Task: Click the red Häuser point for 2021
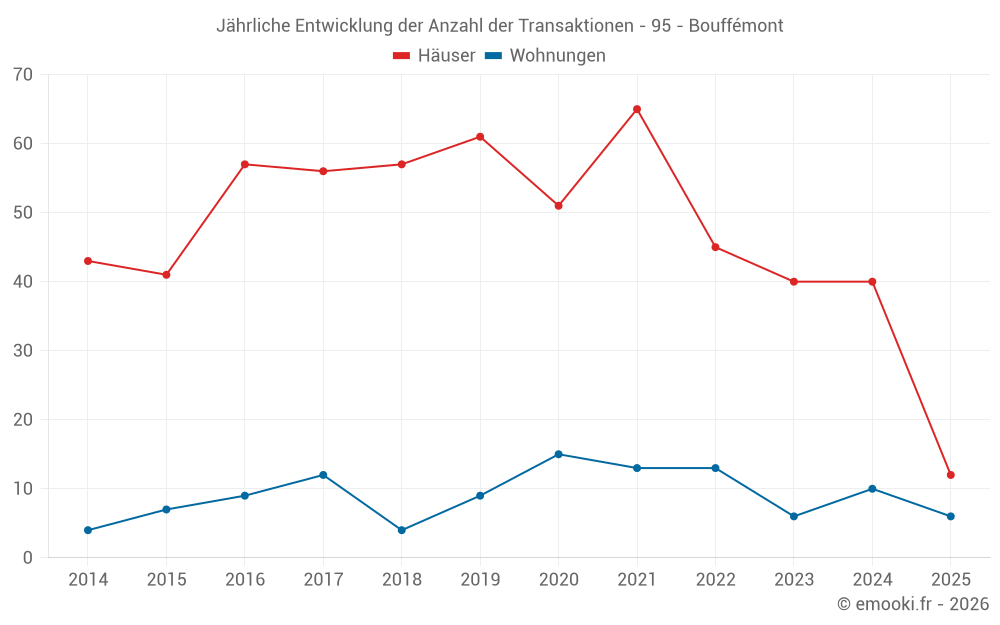(637, 109)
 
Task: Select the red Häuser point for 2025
(951, 475)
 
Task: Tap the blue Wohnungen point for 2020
(559, 454)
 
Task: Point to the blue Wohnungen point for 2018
(402, 530)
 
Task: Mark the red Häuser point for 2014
(88, 261)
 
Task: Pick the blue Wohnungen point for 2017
(323, 475)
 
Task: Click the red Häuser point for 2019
(480, 137)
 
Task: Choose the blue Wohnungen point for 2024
(872, 489)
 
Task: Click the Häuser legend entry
(434, 56)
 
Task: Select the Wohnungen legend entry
(545, 56)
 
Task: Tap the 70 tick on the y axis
(23, 75)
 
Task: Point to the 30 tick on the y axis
(23, 351)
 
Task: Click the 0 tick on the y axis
(28, 558)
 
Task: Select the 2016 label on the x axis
(245, 580)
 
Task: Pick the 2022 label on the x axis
(715, 580)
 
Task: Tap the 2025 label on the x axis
(951, 580)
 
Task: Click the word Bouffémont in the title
(736, 26)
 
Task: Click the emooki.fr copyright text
(913, 604)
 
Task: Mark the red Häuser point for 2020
(559, 206)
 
